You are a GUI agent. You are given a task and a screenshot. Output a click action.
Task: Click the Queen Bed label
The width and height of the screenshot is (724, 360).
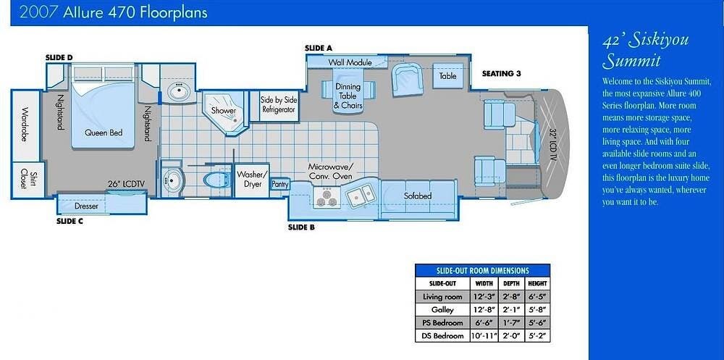pyautogui.click(x=104, y=133)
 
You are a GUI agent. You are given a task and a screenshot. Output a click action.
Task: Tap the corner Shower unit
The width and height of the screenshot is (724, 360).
pyautogui.click(x=225, y=113)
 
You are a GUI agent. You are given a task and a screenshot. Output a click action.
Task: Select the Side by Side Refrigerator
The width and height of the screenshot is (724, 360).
pyautogui.click(x=279, y=105)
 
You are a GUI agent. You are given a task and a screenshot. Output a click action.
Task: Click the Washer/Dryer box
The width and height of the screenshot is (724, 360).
pyautogui.click(x=252, y=180)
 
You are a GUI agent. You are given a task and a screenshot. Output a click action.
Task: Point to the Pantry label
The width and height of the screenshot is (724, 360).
pyautogui.click(x=280, y=185)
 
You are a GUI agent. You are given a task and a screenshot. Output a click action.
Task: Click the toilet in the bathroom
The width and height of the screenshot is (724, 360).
pyautogui.click(x=216, y=180)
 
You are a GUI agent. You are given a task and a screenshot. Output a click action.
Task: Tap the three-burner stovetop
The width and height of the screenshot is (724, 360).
pyautogui.click(x=327, y=197)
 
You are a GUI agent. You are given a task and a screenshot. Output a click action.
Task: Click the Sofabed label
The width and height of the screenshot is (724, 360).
pyautogui.click(x=418, y=196)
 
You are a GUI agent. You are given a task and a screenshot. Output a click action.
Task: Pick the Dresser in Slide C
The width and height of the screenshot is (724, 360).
pyautogui.click(x=86, y=206)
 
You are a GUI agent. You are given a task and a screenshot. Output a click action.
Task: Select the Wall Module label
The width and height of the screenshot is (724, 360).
pyautogui.click(x=350, y=62)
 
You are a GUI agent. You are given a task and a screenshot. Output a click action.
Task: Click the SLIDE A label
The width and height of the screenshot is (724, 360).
pyautogui.click(x=319, y=48)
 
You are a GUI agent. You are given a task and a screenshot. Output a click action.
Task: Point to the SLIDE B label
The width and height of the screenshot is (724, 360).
pyautogui.click(x=301, y=227)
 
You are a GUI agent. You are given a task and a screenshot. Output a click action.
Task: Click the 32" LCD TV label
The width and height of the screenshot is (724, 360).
pyautogui.click(x=552, y=145)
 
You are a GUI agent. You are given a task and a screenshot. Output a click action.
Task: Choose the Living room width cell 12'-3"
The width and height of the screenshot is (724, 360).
pyautogui.click(x=483, y=297)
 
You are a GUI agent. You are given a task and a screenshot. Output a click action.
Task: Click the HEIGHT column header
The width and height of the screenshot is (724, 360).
pyautogui.click(x=537, y=283)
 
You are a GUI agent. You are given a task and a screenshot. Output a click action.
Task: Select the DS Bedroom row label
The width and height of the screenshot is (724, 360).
pyautogui.click(x=442, y=336)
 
